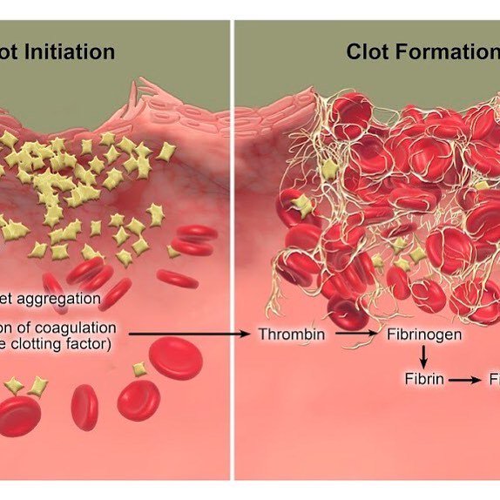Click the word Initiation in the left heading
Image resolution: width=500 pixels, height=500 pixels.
click(x=71, y=51)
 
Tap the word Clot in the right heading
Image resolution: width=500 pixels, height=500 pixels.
click(x=366, y=51)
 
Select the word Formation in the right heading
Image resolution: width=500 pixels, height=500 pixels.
click(x=444, y=51)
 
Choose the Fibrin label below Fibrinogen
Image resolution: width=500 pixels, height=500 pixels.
click(x=424, y=380)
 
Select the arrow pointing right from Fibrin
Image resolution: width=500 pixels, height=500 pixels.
click(x=466, y=380)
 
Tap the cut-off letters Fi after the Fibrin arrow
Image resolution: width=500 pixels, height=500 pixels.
click(x=493, y=380)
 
